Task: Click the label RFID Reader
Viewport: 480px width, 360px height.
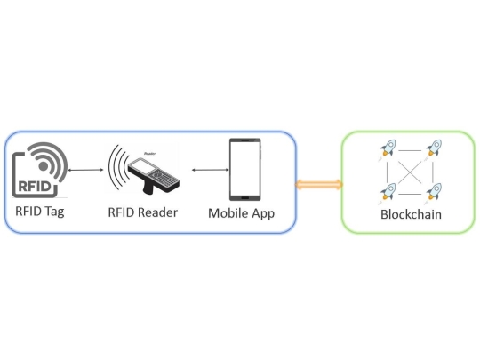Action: (x=142, y=212)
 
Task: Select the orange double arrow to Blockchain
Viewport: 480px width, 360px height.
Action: (x=318, y=184)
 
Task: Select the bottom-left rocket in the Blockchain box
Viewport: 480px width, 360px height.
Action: (x=388, y=189)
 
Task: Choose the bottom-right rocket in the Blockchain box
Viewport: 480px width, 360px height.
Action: (x=434, y=189)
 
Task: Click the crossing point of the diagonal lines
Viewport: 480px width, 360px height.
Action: (x=411, y=170)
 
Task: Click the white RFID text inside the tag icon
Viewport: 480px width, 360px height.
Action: (x=36, y=187)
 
